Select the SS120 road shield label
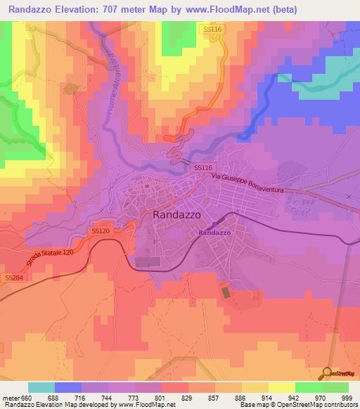(101, 231)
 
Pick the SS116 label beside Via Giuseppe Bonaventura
(202, 168)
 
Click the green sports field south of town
(225, 291)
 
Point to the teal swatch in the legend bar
(41, 387)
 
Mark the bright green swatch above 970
(308, 387)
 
